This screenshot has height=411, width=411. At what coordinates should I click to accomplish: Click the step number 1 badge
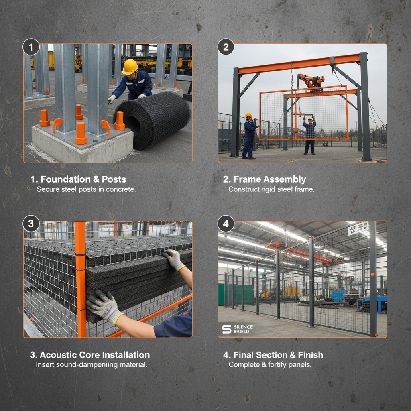31,47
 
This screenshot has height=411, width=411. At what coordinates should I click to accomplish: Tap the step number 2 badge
226,47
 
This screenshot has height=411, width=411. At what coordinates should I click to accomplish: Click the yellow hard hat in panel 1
130,67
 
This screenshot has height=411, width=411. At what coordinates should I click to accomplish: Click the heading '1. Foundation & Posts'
78,179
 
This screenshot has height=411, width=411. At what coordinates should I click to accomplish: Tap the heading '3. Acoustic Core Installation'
90,355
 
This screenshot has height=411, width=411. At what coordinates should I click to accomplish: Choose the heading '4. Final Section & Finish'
273,355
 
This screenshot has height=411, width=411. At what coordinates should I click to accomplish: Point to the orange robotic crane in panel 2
311,81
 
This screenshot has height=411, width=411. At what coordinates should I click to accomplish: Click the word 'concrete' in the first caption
121,189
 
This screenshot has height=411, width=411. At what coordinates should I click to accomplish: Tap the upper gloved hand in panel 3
174,259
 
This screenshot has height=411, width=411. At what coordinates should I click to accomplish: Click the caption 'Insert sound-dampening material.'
92,364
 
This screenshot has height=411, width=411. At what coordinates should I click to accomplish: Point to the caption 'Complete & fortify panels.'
270,364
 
